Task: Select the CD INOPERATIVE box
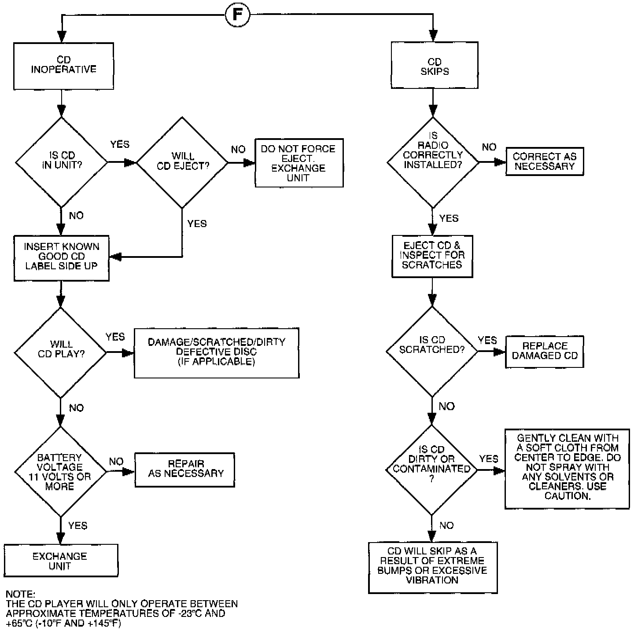click(x=64, y=66)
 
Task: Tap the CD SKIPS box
click(x=435, y=66)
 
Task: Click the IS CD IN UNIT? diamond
click(x=62, y=161)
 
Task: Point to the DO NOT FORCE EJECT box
click(x=299, y=163)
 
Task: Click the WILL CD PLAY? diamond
click(x=61, y=352)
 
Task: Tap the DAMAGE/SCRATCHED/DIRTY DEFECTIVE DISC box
click(x=216, y=352)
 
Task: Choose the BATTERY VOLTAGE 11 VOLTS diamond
click(x=60, y=471)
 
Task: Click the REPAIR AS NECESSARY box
click(x=184, y=470)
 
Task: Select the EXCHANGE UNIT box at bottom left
click(x=60, y=561)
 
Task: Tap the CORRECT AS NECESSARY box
click(x=545, y=161)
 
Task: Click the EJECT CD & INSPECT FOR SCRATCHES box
click(x=432, y=256)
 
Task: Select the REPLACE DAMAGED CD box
click(x=545, y=352)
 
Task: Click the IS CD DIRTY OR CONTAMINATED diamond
click(x=431, y=470)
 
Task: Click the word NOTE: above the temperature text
click(x=20, y=594)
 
